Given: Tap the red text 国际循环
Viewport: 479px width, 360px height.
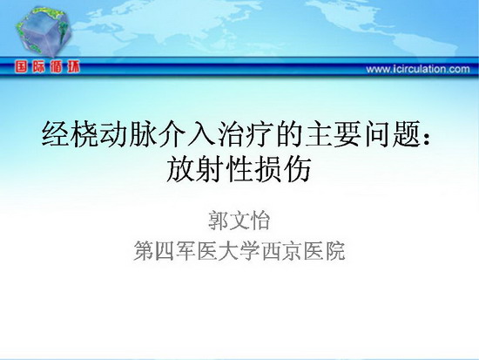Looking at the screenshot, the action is (47, 66).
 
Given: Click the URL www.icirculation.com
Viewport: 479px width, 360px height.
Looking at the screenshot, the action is (418, 69).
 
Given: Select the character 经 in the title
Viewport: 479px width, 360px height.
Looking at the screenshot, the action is (55, 134).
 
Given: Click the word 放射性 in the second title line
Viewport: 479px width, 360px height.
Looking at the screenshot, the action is (209, 169).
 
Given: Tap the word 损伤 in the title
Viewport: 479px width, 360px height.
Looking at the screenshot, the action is (282, 169).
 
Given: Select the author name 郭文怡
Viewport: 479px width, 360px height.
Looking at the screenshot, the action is (239, 221).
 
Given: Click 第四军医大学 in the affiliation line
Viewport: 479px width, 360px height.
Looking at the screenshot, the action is (197, 251).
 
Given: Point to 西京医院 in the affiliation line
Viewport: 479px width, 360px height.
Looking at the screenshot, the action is (304, 251).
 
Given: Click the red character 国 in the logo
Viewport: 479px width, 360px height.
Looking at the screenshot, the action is (21, 66).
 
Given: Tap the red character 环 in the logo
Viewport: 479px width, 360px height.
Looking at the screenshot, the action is (74, 66).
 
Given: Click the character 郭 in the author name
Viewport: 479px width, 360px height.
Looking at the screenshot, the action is (218, 221).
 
